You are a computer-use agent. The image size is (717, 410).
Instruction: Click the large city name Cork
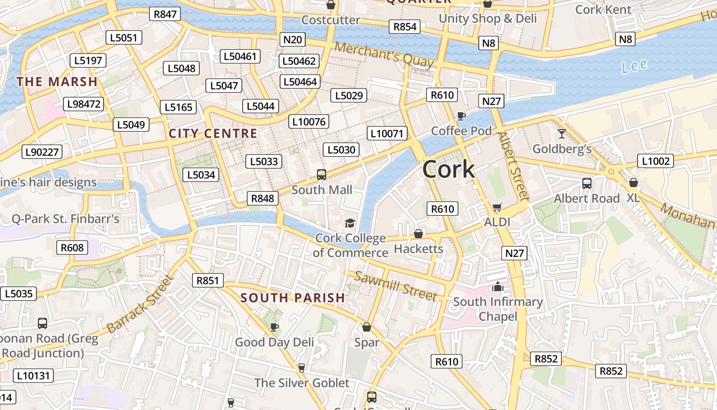tap(449, 170)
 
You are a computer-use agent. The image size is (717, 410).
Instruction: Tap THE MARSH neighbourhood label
tap(57, 81)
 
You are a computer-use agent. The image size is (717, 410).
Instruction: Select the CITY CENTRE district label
tap(213, 134)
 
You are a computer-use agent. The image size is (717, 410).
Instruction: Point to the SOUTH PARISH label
tap(293, 298)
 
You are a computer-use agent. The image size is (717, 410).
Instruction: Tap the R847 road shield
tap(165, 14)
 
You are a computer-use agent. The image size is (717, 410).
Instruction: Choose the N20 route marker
tap(293, 39)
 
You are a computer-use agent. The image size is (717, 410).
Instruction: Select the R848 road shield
tap(263, 198)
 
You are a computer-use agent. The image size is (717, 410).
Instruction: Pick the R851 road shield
tap(208, 280)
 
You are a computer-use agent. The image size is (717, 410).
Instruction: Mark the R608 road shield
tap(72, 248)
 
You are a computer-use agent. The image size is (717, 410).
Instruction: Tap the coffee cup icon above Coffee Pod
tap(461, 116)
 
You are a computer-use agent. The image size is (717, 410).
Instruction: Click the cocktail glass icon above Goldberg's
tap(562, 134)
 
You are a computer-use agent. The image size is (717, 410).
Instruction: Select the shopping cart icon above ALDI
tap(497, 208)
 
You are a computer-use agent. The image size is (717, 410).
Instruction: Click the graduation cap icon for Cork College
tap(350, 223)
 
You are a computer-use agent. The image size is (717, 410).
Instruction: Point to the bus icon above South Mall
tap(322, 175)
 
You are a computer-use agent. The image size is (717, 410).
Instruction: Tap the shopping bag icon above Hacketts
tap(418, 234)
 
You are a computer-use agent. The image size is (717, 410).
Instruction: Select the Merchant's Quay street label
tap(384, 55)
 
